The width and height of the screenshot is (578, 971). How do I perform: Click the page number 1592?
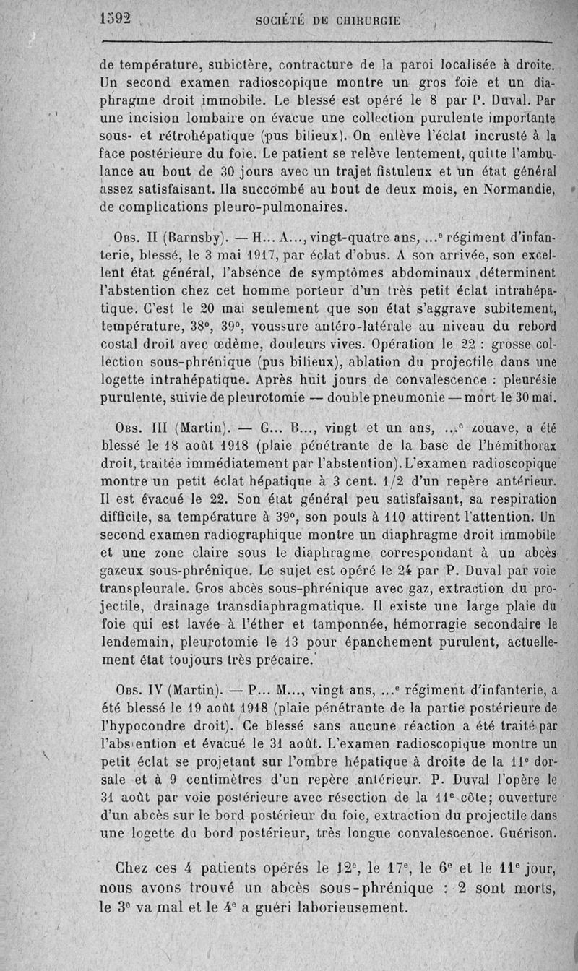coord(115,20)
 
